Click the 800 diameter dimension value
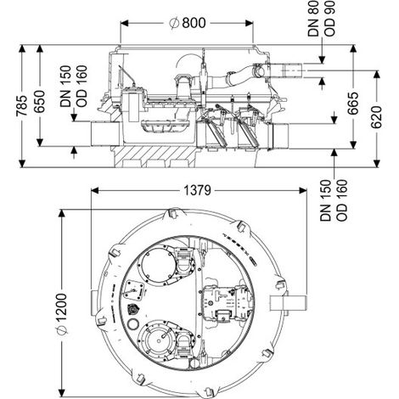tap(194, 23)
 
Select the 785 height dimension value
tap(21, 106)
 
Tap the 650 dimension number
tap(39, 102)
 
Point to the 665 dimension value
tap(353, 103)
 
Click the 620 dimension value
tap(376, 117)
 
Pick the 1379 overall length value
tap(198, 190)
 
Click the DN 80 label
tap(313, 19)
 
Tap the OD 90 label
tap(329, 19)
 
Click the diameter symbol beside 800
tap(174, 23)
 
